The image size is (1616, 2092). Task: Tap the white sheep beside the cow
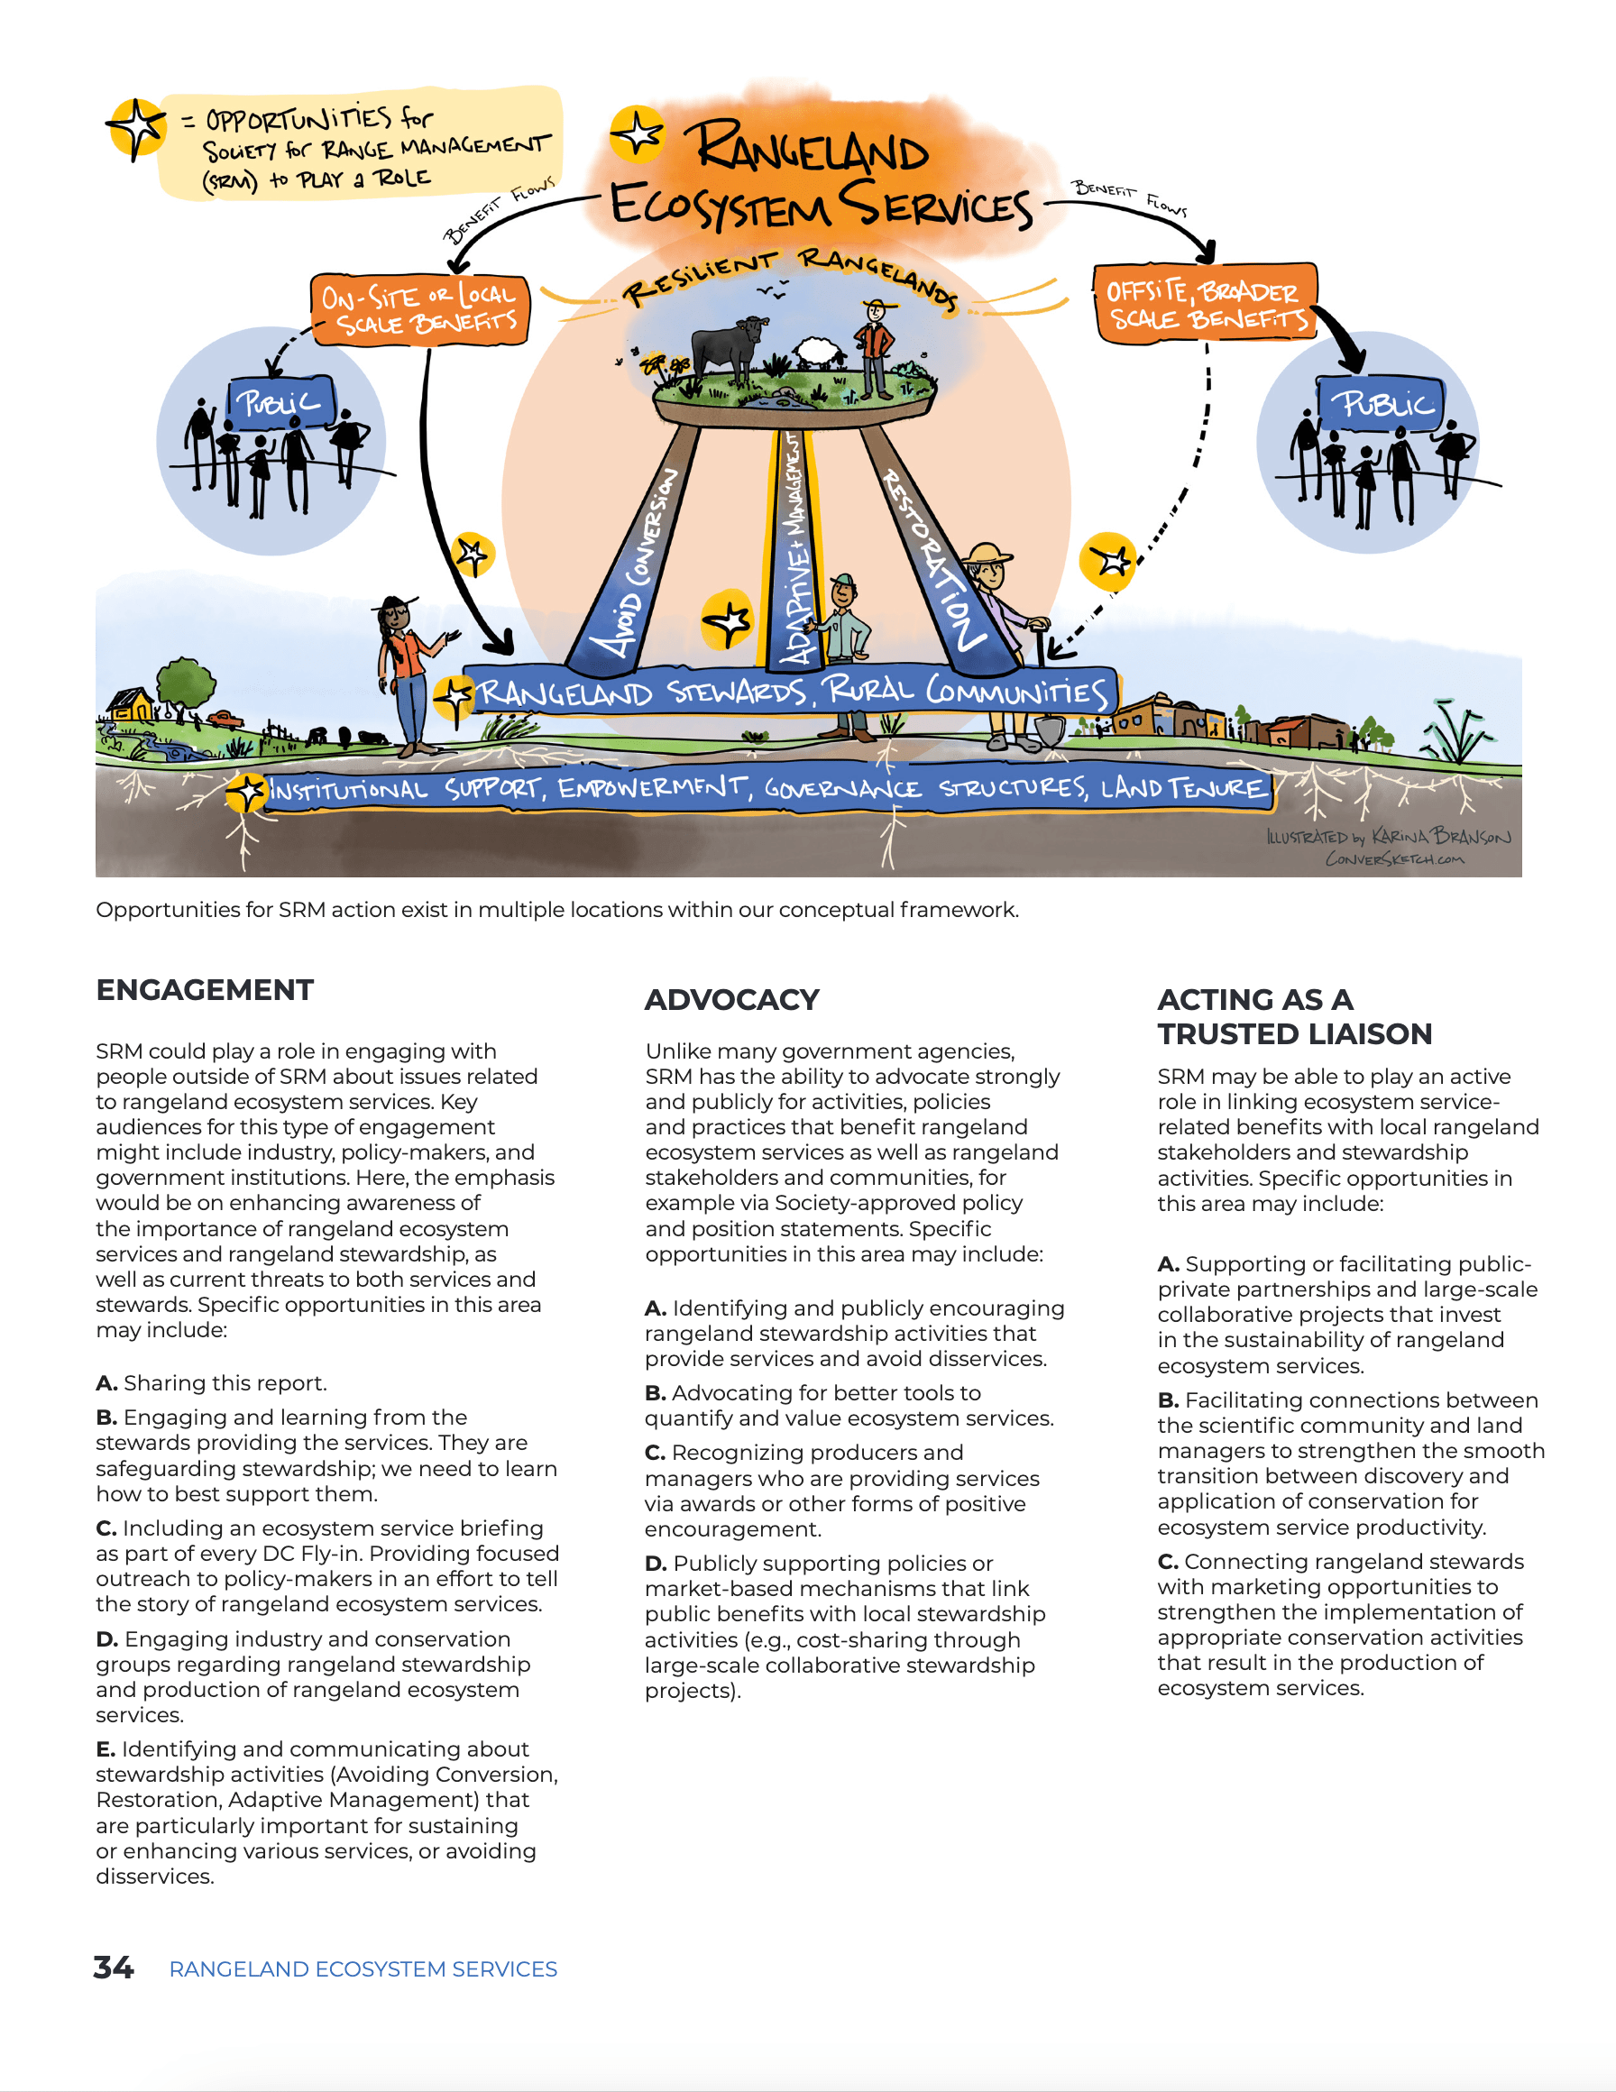pyautogui.click(x=817, y=352)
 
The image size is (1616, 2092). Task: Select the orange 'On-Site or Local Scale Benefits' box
pyautogui.click(x=419, y=309)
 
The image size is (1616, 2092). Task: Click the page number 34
pyautogui.click(x=113, y=1968)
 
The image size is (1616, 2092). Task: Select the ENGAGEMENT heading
pyautogui.click(x=205, y=989)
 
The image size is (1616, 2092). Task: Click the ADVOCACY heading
pyautogui.click(x=732, y=999)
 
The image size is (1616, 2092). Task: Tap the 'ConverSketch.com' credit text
pyautogui.click(x=1394, y=859)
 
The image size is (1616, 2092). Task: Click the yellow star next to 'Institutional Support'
pyautogui.click(x=247, y=792)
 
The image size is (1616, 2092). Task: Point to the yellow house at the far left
pyautogui.click(x=133, y=707)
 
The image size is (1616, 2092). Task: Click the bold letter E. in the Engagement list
pyautogui.click(x=106, y=1749)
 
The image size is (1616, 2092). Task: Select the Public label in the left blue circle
pyautogui.click(x=279, y=403)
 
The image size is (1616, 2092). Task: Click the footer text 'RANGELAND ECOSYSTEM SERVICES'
pyautogui.click(x=363, y=1969)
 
